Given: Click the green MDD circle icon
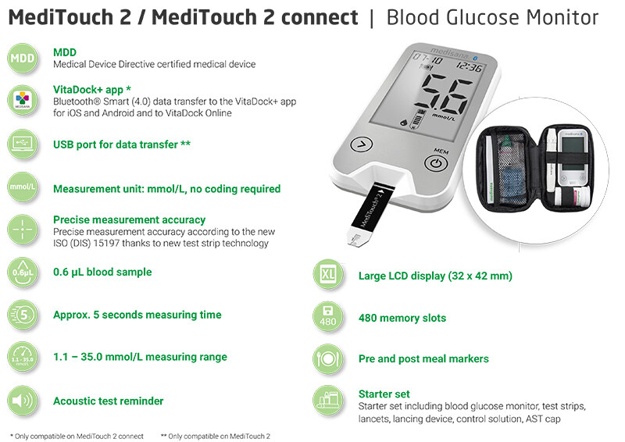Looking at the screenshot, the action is tap(23, 59).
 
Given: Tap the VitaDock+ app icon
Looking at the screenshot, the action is tap(23, 101).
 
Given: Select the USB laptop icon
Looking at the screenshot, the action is tap(23, 144).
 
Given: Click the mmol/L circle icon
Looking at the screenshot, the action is tap(23, 187).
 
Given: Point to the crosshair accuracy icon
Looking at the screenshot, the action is tap(23, 230).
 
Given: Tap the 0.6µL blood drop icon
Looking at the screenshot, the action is tap(23, 273).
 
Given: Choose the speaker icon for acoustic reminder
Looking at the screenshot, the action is tap(23, 401).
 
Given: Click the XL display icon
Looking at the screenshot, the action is tap(328, 275).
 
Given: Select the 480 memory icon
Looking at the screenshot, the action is tap(328, 317).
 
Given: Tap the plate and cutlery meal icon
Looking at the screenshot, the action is tap(328, 359).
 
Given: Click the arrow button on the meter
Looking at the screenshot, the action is tap(362, 144).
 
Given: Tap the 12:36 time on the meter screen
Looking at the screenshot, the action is tap(470, 66).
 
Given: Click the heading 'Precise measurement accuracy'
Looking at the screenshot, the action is tap(129, 219).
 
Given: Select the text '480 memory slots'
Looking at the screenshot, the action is tap(402, 318).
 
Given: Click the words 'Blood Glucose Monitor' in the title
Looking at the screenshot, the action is tap(493, 17).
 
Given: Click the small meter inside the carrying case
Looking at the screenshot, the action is tap(573, 158).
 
